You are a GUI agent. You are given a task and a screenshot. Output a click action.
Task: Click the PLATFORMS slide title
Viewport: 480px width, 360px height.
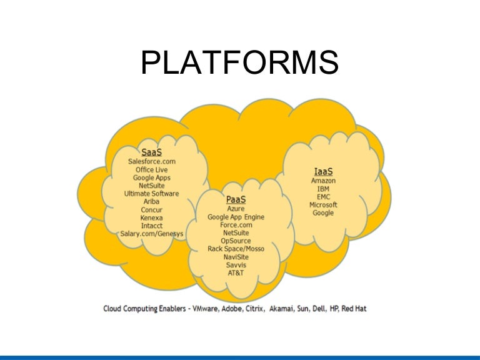(240, 64)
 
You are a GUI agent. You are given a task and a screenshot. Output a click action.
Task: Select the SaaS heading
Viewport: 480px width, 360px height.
(151, 152)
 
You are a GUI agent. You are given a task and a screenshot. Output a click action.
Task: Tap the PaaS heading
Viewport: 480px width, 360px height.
(236, 199)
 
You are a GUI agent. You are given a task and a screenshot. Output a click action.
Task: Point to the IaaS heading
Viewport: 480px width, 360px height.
(323, 171)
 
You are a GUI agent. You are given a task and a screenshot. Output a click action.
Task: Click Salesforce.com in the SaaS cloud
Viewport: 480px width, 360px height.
(151, 161)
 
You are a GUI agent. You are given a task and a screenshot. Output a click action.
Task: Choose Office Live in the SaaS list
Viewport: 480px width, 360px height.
(151, 169)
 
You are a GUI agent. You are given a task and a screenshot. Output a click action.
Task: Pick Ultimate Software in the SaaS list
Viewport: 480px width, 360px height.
(151, 194)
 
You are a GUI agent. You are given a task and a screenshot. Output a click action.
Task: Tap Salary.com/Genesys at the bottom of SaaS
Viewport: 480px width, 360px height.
(151, 234)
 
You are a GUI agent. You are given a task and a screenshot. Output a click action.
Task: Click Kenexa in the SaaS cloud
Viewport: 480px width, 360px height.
(151, 217)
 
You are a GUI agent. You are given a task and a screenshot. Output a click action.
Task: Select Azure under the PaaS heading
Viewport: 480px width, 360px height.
(236, 209)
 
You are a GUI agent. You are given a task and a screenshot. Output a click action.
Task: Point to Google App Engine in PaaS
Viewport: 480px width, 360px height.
(236, 217)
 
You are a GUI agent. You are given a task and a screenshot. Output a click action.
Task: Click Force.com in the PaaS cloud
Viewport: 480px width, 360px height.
(236, 225)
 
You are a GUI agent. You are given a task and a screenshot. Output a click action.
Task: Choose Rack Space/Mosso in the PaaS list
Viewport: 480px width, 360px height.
(236, 249)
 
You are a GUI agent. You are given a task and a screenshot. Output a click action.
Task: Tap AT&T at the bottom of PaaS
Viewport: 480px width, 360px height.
(236, 272)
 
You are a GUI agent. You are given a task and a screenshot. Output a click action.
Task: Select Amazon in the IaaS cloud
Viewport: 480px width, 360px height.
(323, 181)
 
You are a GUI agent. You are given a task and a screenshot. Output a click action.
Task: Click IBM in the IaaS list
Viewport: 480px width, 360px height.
(323, 189)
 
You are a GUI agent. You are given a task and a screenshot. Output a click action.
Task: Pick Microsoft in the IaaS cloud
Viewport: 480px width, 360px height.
(323, 205)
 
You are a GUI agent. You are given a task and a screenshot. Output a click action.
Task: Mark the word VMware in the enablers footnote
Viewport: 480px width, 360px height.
(209, 309)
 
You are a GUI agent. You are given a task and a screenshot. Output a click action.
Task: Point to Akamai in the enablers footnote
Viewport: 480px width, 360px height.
(282, 309)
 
